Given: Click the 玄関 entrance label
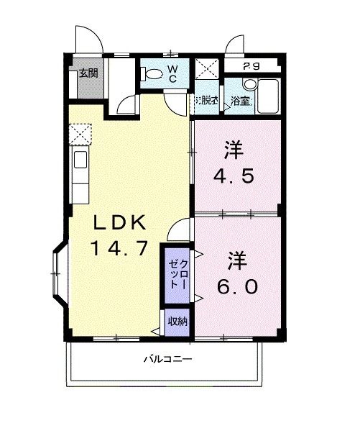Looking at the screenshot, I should coord(89,73).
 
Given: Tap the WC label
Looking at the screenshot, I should coord(172,73).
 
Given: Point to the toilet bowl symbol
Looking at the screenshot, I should coord(152,73).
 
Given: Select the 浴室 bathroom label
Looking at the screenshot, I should coord(241,101).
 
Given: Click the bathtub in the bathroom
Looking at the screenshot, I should coord(269,96).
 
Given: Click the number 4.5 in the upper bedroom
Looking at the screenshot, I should coord(234,176).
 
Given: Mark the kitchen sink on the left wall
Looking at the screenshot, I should coord(79,160).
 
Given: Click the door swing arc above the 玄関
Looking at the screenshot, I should coord(86,37).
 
